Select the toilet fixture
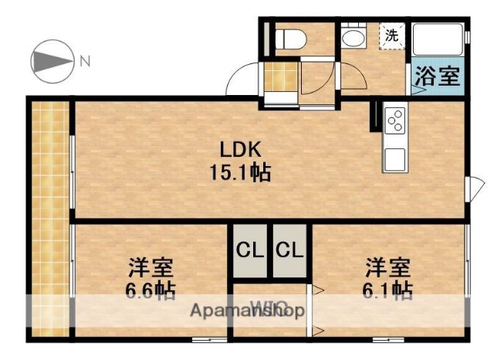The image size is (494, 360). click(x=289, y=36)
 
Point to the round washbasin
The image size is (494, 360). click(x=354, y=38)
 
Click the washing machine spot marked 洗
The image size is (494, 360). click(x=392, y=35)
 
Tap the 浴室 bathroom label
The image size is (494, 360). click(x=438, y=77)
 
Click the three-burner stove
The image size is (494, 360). click(x=395, y=120)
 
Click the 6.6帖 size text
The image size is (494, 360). click(x=151, y=290)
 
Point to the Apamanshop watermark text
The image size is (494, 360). click(x=246, y=311)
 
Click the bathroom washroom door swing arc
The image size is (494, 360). click(x=354, y=77)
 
